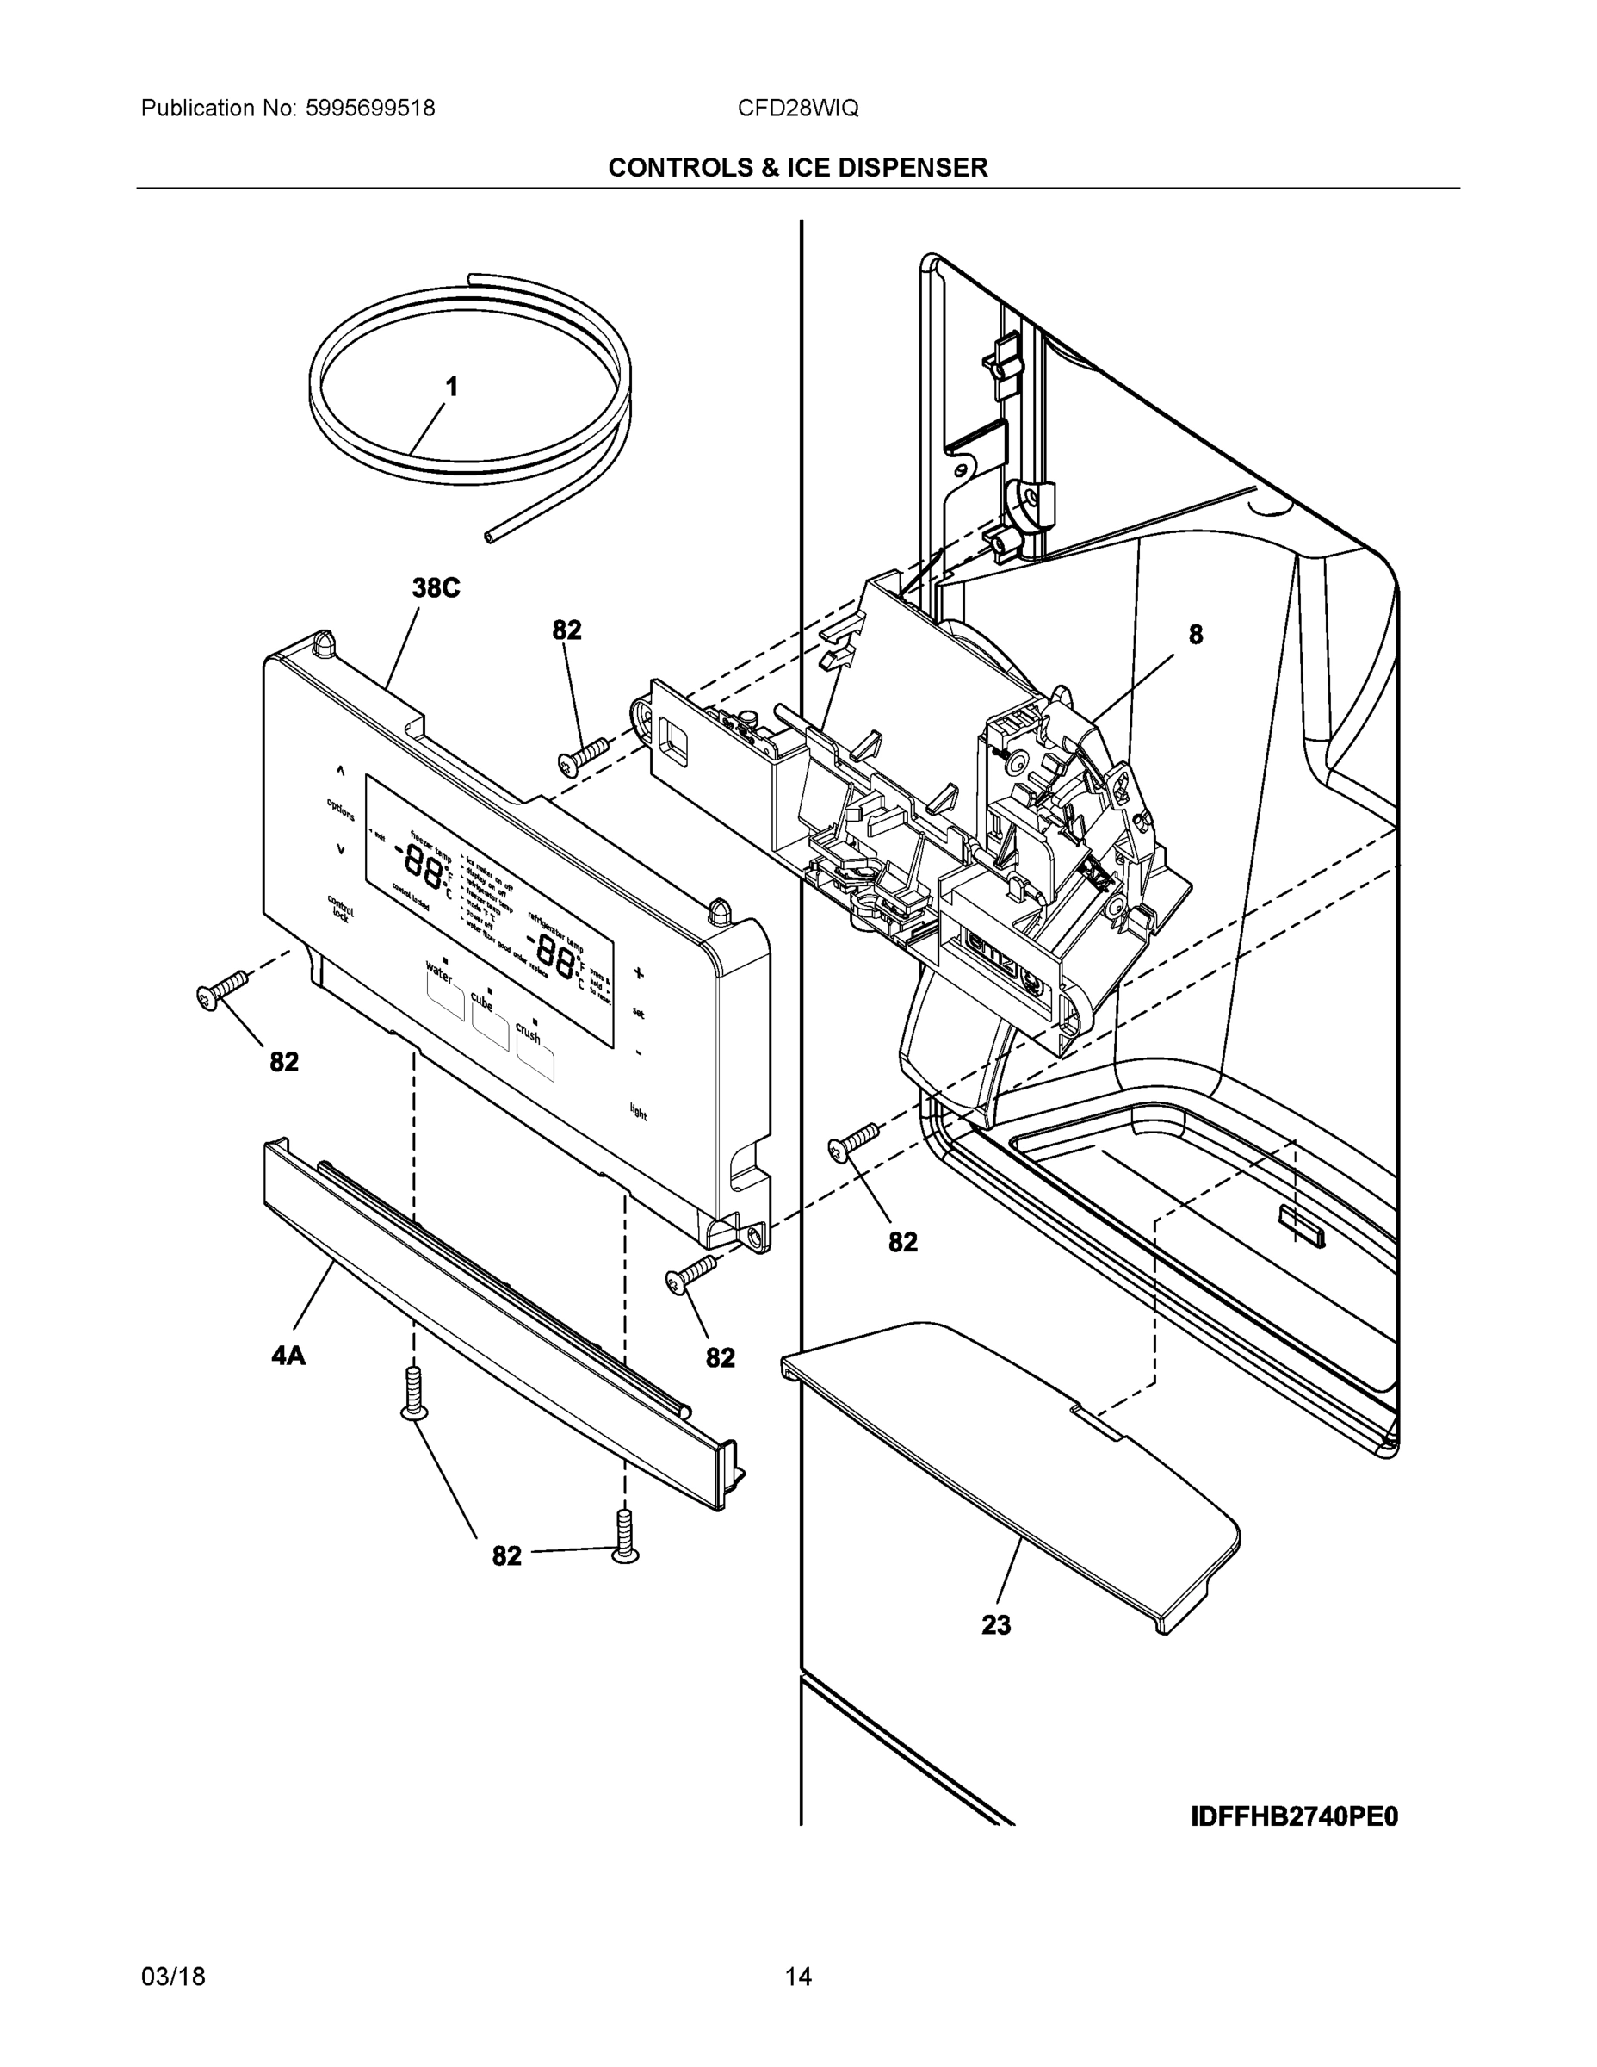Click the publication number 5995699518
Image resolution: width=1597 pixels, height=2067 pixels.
coord(370,108)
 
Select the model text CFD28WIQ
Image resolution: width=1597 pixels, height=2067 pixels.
coord(797,108)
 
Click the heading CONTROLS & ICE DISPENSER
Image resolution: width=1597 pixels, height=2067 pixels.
coord(797,168)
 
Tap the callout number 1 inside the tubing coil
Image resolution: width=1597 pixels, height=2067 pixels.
coord(452,387)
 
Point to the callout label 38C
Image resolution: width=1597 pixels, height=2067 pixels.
coord(436,589)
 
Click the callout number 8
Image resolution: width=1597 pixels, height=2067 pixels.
coord(1196,635)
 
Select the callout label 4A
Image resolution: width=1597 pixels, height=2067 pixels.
coord(288,1356)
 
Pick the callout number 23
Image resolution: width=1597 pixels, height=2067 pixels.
coord(995,1625)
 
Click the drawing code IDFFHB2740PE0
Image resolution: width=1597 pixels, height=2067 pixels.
coord(1293,1817)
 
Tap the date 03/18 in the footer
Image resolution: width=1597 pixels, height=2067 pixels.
coord(173,1977)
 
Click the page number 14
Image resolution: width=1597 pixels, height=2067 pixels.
coord(797,1977)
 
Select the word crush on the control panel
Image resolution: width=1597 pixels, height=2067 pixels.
coord(529,1033)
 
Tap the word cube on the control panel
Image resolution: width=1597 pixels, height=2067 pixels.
coord(482,1002)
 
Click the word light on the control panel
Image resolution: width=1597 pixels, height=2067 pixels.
coord(640,1112)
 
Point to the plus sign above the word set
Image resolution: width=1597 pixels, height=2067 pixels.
coord(639,972)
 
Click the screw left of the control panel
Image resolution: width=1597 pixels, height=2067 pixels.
coord(221,989)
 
